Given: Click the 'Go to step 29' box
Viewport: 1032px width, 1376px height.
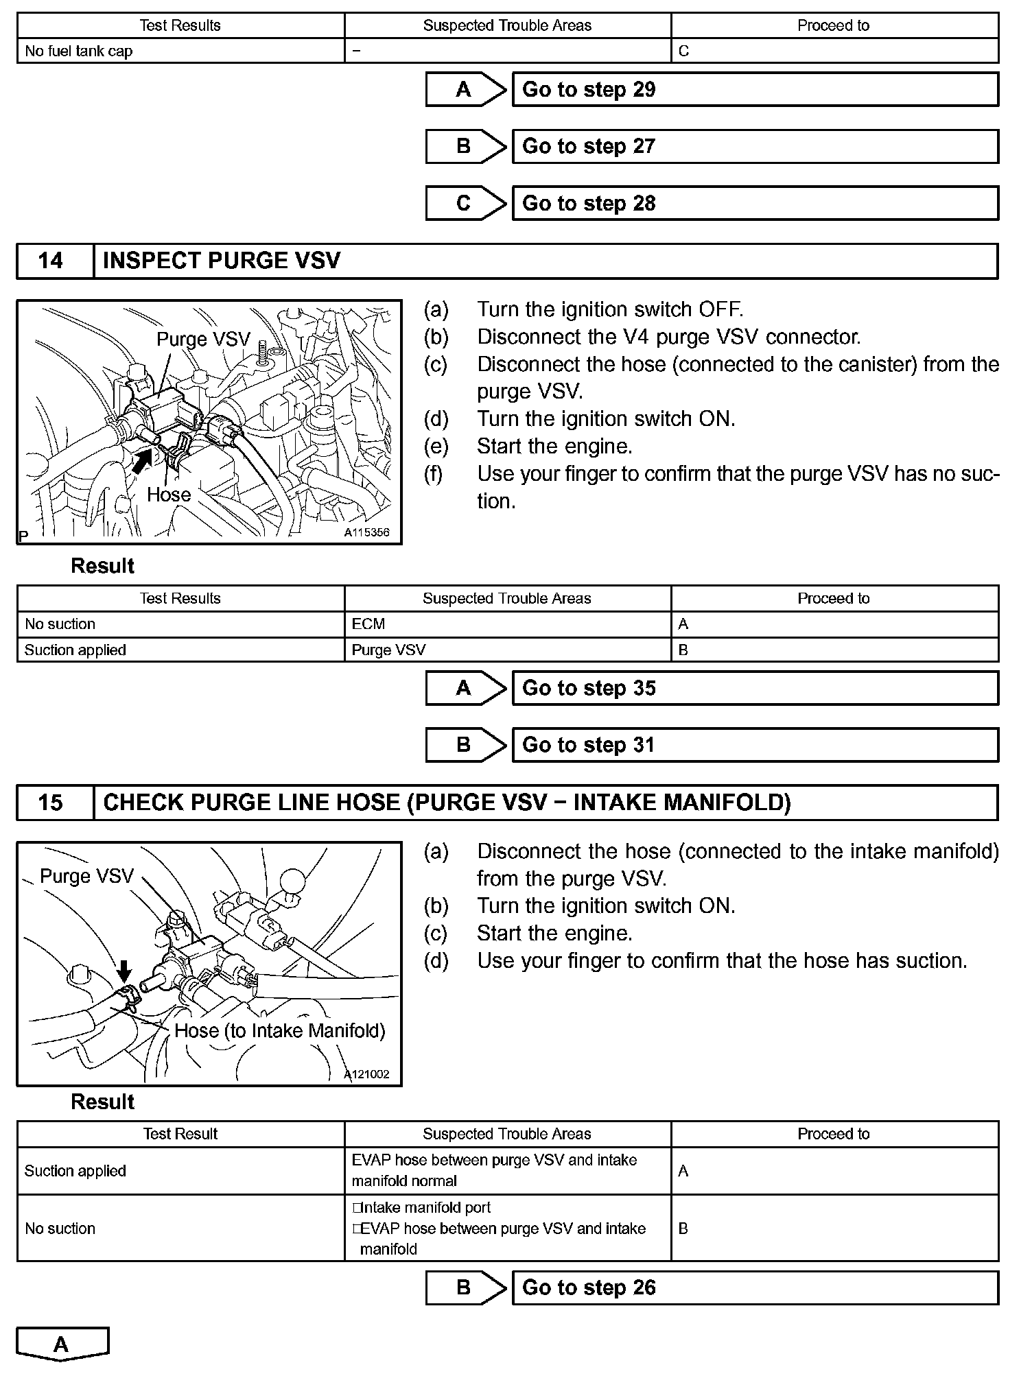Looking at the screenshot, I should pyautogui.click(x=755, y=90).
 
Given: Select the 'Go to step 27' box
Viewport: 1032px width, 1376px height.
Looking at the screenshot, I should pyautogui.click(x=755, y=147).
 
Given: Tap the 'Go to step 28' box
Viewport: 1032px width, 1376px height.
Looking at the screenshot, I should pyautogui.click(x=755, y=204).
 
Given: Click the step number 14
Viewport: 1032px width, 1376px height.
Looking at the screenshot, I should pyautogui.click(x=51, y=261).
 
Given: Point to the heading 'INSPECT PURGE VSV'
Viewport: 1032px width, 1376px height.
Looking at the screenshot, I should pyautogui.click(x=222, y=261).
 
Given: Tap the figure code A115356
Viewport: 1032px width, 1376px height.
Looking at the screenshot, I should pyautogui.click(x=366, y=532).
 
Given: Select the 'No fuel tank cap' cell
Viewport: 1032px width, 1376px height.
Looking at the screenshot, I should pyautogui.click(x=78, y=51).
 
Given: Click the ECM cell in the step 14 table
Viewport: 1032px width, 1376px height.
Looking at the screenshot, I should pyautogui.click(x=368, y=624).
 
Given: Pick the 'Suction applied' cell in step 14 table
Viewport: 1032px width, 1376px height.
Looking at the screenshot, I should pyautogui.click(x=75, y=650).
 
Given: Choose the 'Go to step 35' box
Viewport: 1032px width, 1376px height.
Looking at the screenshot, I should pyautogui.click(x=755, y=689).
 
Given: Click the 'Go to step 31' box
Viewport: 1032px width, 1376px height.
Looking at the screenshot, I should pyautogui.click(x=755, y=746).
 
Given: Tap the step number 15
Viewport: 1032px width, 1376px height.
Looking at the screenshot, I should pyautogui.click(x=51, y=803).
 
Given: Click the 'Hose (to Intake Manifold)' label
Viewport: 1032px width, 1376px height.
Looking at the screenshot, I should pyautogui.click(x=280, y=1030).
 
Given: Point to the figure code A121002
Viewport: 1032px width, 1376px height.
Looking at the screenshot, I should pyautogui.click(x=367, y=1074).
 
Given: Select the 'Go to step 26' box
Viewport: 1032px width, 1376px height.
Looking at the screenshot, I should pyautogui.click(x=755, y=1288).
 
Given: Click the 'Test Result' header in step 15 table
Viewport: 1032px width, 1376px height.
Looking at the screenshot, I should pyautogui.click(x=180, y=1134).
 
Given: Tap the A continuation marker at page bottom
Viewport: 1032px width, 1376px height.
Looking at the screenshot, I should pyautogui.click(x=62, y=1345).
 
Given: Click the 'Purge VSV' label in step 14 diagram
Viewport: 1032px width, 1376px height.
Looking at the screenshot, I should pyautogui.click(x=203, y=340).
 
